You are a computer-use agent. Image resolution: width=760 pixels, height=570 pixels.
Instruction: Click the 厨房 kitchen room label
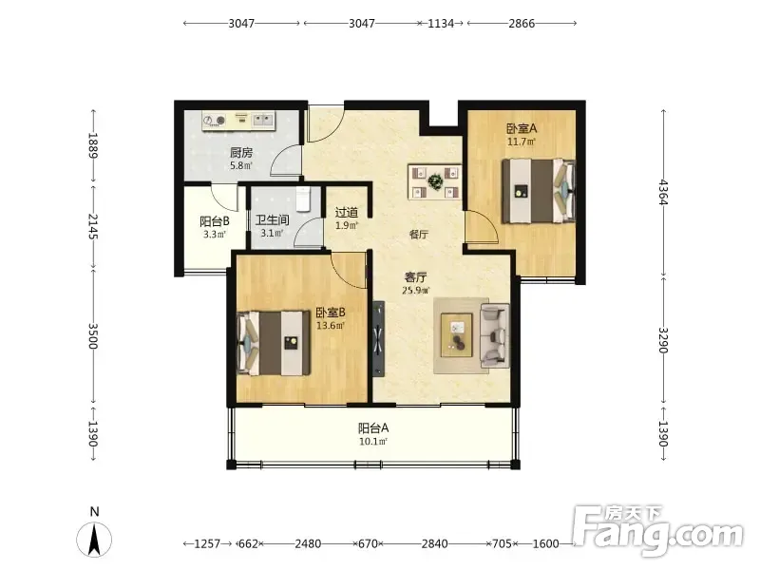[241, 153]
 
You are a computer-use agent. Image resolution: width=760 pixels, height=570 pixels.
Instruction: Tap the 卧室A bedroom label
[522, 128]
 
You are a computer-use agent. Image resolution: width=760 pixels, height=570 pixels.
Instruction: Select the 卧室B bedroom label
[331, 313]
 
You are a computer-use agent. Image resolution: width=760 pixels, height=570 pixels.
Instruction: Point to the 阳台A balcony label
[373, 428]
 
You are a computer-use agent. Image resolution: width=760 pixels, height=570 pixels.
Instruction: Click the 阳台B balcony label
[215, 221]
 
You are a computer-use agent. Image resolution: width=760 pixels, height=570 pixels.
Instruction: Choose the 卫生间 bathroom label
[272, 220]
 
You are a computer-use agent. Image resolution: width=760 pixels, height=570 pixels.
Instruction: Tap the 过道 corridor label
[347, 212]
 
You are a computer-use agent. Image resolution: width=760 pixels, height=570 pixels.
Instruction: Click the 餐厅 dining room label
[419, 235]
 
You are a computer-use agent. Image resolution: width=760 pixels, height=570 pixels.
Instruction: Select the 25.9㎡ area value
[416, 291]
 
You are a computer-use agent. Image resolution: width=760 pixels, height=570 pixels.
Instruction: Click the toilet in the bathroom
[304, 199]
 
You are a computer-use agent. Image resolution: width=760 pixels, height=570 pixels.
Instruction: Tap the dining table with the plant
[435, 181]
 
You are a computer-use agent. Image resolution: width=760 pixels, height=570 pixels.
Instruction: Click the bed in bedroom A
[539, 191]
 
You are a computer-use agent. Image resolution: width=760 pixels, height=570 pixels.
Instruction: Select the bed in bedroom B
[274, 343]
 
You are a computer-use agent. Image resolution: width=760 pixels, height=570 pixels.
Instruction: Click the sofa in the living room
[495, 335]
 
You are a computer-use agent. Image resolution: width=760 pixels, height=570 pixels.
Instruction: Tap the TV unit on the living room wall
[378, 339]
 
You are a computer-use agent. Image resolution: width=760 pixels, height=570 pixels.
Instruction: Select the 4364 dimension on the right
[663, 193]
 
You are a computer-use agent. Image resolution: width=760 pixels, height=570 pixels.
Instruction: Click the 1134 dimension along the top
[441, 23]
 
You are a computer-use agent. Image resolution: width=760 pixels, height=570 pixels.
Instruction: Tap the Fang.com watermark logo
[657, 530]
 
